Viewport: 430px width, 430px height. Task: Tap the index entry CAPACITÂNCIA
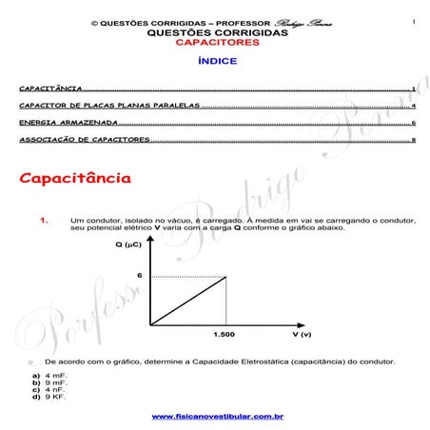49,88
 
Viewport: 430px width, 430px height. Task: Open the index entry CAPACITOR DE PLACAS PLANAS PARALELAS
108,106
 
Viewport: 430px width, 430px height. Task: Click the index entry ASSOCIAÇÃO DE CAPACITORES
84,140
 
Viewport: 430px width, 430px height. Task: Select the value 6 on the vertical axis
139,275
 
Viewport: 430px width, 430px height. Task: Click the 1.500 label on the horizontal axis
225,335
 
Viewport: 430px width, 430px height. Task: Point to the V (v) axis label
302,335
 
